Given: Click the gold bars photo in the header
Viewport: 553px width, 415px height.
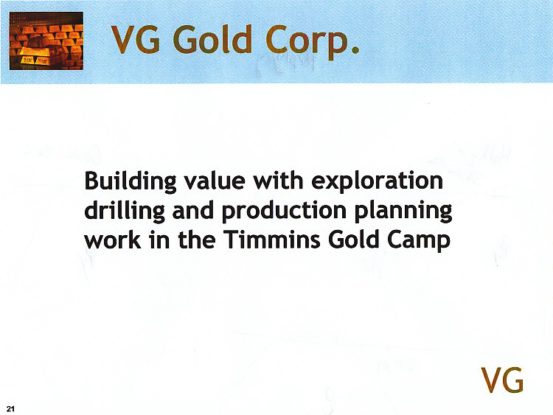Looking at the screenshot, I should pyautogui.click(x=46, y=42).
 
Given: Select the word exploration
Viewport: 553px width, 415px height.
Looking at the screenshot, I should pyautogui.click(x=378, y=182).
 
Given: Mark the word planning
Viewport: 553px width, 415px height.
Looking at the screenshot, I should pyautogui.click(x=404, y=212).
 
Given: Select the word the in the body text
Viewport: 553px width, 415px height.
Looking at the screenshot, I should pyautogui.click(x=197, y=241).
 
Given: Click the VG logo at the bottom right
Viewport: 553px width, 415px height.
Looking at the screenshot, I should pyautogui.click(x=502, y=380).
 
